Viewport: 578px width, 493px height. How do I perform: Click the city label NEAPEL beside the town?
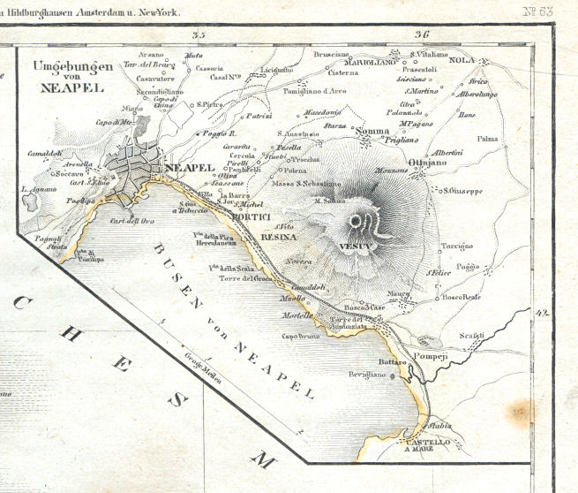point(189,168)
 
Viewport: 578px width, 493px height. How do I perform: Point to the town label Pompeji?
point(457,350)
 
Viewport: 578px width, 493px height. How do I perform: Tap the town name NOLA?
point(462,60)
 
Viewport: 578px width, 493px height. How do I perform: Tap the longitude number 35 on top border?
point(198,35)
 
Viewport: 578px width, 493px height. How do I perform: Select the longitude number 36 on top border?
point(421,35)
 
